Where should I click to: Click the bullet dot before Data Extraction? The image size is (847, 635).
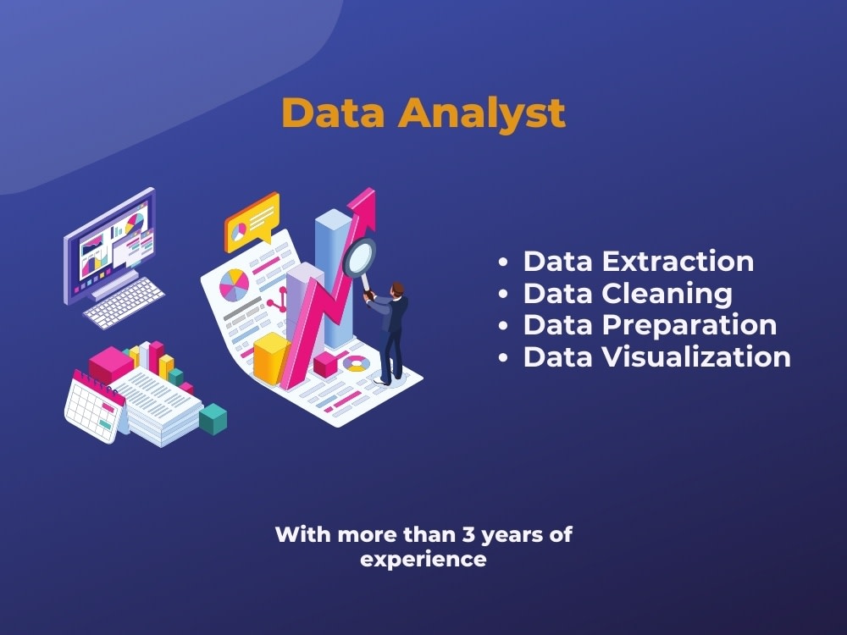pyautogui.click(x=504, y=262)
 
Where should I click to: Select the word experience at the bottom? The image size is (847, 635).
pyautogui.click(x=423, y=559)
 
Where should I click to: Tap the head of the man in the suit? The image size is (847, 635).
pyautogui.click(x=397, y=290)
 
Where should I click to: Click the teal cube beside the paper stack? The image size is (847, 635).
pyautogui.click(x=213, y=418)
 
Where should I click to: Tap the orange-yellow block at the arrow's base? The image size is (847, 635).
pyautogui.click(x=272, y=356)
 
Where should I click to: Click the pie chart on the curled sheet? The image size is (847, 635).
pyautogui.click(x=235, y=284)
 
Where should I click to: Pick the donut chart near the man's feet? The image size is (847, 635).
pyautogui.click(x=357, y=364)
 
